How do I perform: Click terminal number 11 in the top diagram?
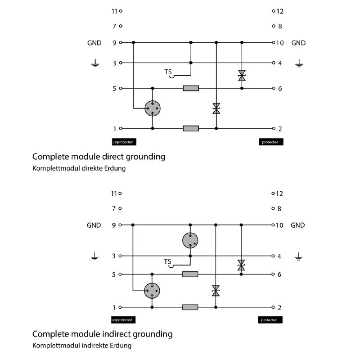tap(114, 11)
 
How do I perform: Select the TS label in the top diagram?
tap(168, 72)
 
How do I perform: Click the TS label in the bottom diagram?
tap(168, 261)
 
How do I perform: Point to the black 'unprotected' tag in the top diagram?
tap(124, 142)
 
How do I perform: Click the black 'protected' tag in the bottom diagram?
tap(271, 320)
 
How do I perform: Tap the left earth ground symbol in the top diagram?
tap(95, 63)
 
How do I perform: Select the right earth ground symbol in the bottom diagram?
tap(299, 257)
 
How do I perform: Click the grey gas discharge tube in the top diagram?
tap(153, 108)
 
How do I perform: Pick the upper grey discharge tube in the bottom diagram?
tap(190, 240)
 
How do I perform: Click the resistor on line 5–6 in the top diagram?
tap(191, 88)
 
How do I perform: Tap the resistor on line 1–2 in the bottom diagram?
tap(190, 307)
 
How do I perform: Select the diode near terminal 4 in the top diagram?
tap(242, 75)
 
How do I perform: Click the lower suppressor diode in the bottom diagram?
tap(216, 291)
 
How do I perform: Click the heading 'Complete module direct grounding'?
tap(99, 157)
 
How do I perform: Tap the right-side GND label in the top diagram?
tap(298, 43)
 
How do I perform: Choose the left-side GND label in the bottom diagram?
tap(94, 225)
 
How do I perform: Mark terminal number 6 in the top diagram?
tap(280, 89)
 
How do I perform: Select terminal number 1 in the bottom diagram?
tap(114, 307)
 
